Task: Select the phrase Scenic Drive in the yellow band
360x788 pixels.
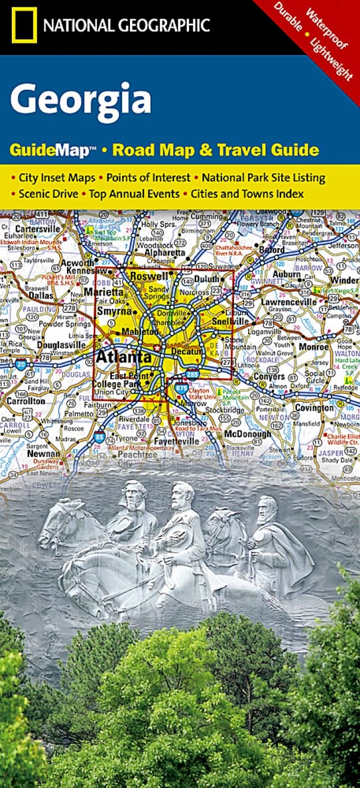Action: pos(47,194)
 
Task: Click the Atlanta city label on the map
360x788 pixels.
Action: pos(124,357)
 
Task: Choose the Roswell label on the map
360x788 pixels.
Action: pos(149,276)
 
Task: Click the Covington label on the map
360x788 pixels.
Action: pos(314,408)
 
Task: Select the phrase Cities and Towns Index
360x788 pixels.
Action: pos(247,194)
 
